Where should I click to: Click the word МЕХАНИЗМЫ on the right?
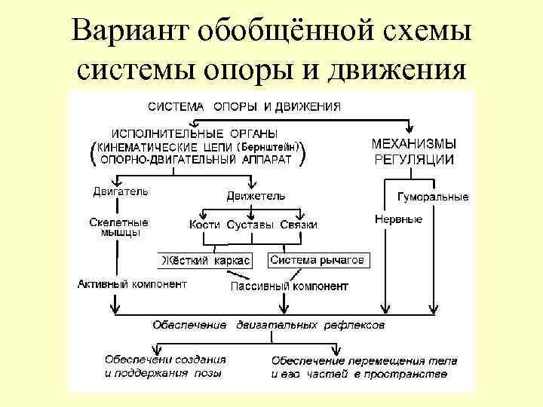(413, 142)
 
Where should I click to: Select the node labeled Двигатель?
(120, 191)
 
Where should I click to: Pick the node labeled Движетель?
(256, 196)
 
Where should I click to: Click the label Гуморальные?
(432, 197)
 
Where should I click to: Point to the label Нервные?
(398, 219)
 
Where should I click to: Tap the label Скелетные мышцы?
(119, 228)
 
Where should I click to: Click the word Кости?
(204, 225)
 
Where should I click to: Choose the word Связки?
(298, 225)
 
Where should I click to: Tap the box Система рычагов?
(317, 260)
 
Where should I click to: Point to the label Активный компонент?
(132, 284)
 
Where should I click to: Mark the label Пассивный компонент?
(289, 286)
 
